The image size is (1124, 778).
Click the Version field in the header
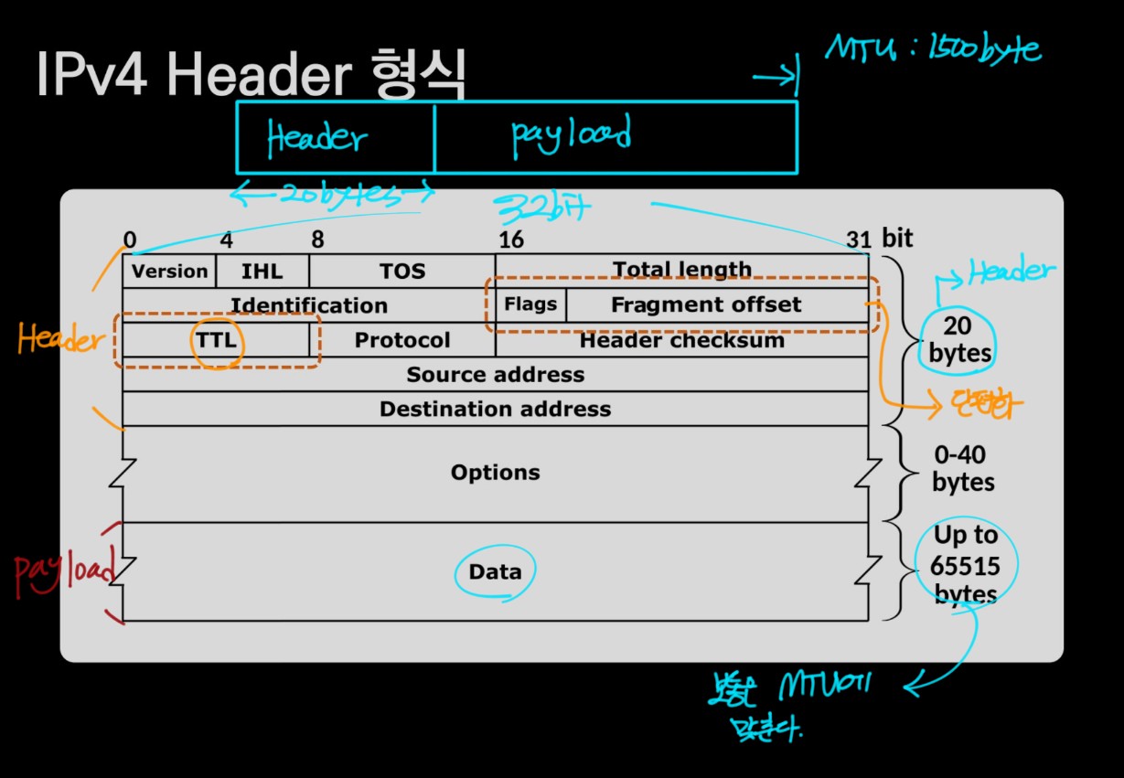[x=169, y=272]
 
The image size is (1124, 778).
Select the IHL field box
[x=262, y=272]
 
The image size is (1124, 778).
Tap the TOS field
[x=402, y=272]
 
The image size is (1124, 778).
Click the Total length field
[x=681, y=270]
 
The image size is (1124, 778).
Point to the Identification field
[x=308, y=305]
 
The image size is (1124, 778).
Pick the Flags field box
[x=530, y=304]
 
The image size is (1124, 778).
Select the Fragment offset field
[x=705, y=304]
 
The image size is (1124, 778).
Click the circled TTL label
[x=215, y=341]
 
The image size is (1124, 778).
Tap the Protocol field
[x=402, y=340]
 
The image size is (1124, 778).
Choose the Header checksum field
[x=681, y=340]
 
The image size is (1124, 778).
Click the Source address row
[x=495, y=375]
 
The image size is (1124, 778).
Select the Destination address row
[x=495, y=409]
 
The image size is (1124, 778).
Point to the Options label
[x=495, y=473]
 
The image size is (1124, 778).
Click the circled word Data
[x=495, y=572]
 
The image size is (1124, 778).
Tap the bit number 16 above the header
[x=509, y=240]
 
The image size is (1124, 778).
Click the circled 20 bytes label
[x=955, y=340]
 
